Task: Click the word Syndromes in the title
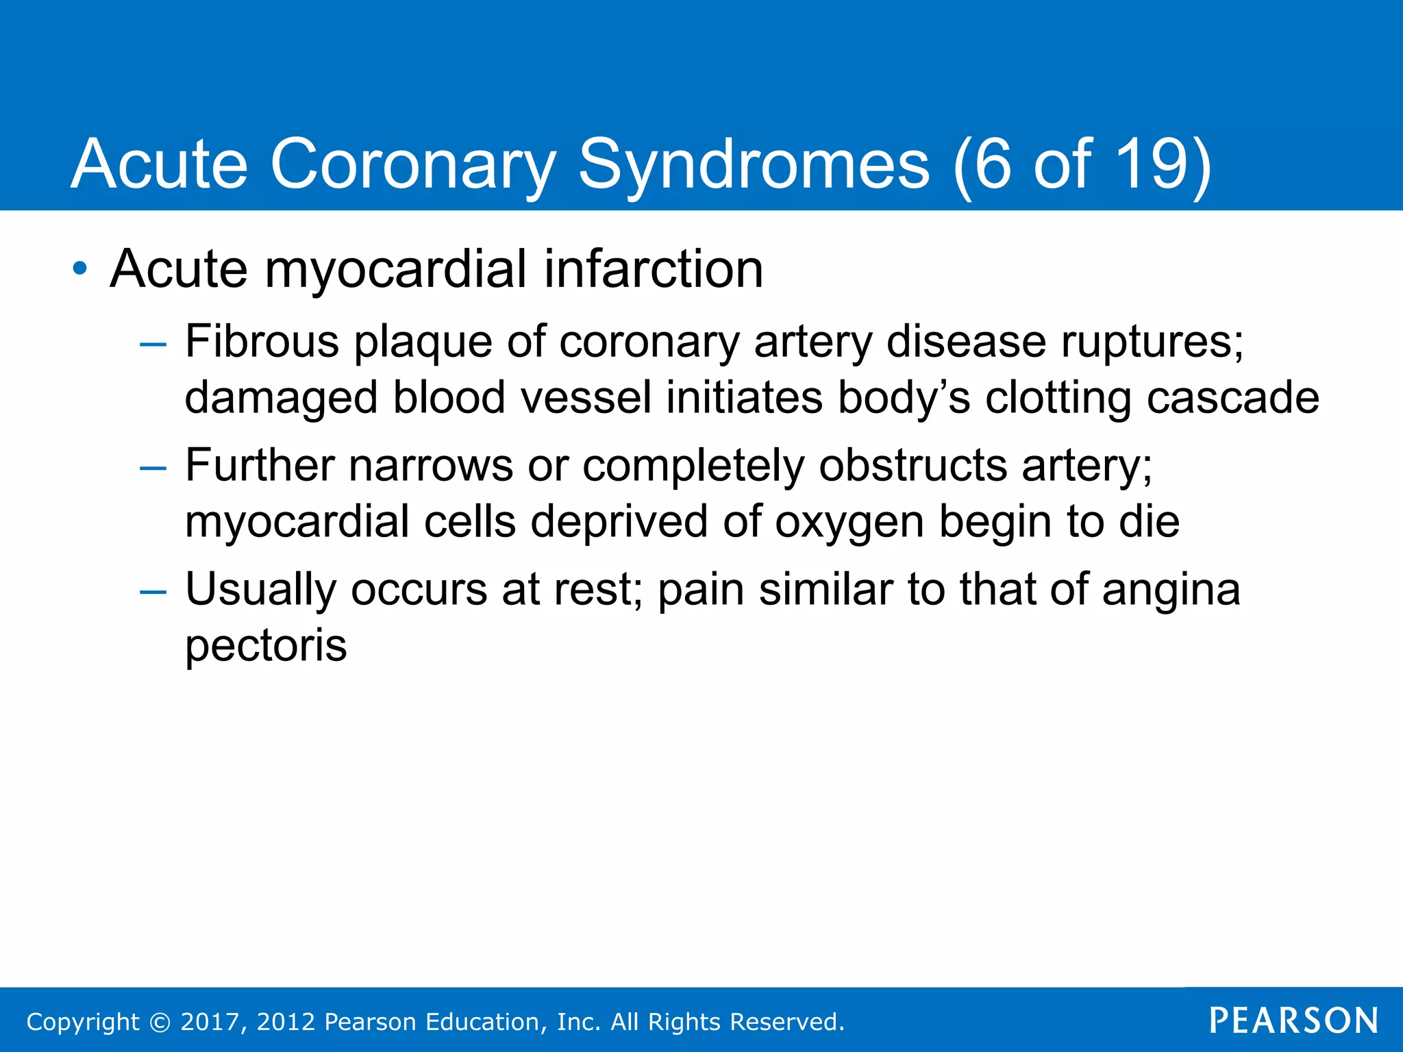(754, 164)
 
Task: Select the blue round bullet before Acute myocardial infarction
(80, 269)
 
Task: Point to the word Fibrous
(262, 341)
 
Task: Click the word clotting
(1058, 398)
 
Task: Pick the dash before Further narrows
(152, 468)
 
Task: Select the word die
(1149, 521)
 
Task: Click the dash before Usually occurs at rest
(152, 592)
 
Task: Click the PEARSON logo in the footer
(1293, 1021)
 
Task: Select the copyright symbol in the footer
(160, 1022)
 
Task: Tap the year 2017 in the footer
(210, 1022)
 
